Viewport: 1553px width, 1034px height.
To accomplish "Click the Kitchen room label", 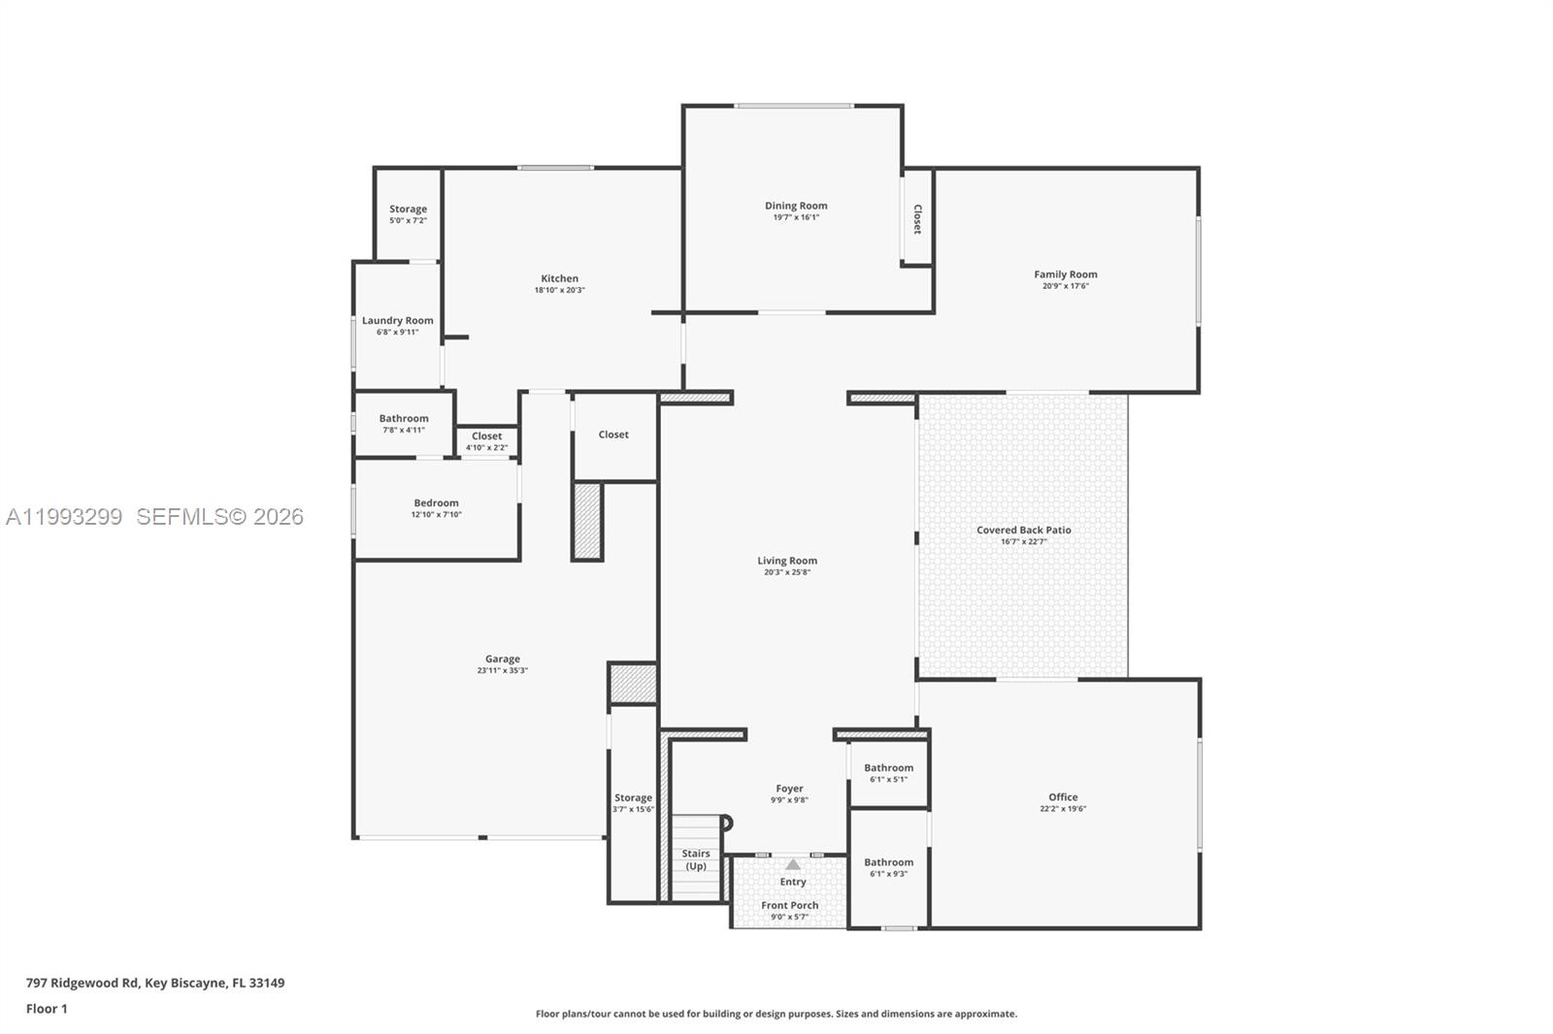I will click(559, 278).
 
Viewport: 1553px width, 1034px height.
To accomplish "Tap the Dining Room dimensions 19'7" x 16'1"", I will click(796, 217).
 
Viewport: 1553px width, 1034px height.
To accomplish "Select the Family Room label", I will click(1065, 275).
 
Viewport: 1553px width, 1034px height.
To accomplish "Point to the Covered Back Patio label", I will click(1023, 530).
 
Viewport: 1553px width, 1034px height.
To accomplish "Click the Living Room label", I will click(786, 561).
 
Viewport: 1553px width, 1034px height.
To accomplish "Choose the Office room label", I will click(1062, 797).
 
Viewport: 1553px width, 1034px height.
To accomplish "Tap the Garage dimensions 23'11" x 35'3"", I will click(502, 670).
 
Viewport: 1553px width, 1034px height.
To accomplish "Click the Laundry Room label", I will click(397, 320).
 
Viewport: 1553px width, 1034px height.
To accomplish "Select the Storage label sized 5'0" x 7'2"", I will click(408, 209).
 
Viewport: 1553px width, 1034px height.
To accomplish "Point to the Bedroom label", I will click(436, 502).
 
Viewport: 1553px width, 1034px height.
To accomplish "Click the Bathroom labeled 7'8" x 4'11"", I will click(403, 418).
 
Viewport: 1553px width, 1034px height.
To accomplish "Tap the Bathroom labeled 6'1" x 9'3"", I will click(888, 862).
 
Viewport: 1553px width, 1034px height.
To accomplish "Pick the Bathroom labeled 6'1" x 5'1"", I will click(888, 767).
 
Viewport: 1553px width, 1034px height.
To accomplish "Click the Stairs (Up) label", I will click(696, 859).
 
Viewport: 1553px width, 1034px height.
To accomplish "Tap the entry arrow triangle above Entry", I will click(793, 864).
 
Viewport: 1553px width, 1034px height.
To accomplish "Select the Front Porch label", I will click(789, 905).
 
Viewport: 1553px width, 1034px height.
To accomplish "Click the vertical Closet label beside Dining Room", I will click(917, 218).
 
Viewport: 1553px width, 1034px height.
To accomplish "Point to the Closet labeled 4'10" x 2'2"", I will click(486, 436).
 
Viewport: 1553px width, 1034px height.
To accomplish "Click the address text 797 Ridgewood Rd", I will click(83, 983).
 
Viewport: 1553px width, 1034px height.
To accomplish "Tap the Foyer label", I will click(789, 789).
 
